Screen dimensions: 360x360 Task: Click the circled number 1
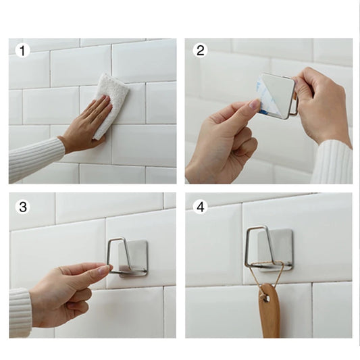coord(23,51)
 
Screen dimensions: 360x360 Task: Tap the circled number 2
coord(201,51)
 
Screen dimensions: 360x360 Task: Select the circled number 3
coord(23,207)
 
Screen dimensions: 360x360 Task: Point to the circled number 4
coord(200,207)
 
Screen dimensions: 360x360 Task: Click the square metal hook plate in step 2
coord(278,95)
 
